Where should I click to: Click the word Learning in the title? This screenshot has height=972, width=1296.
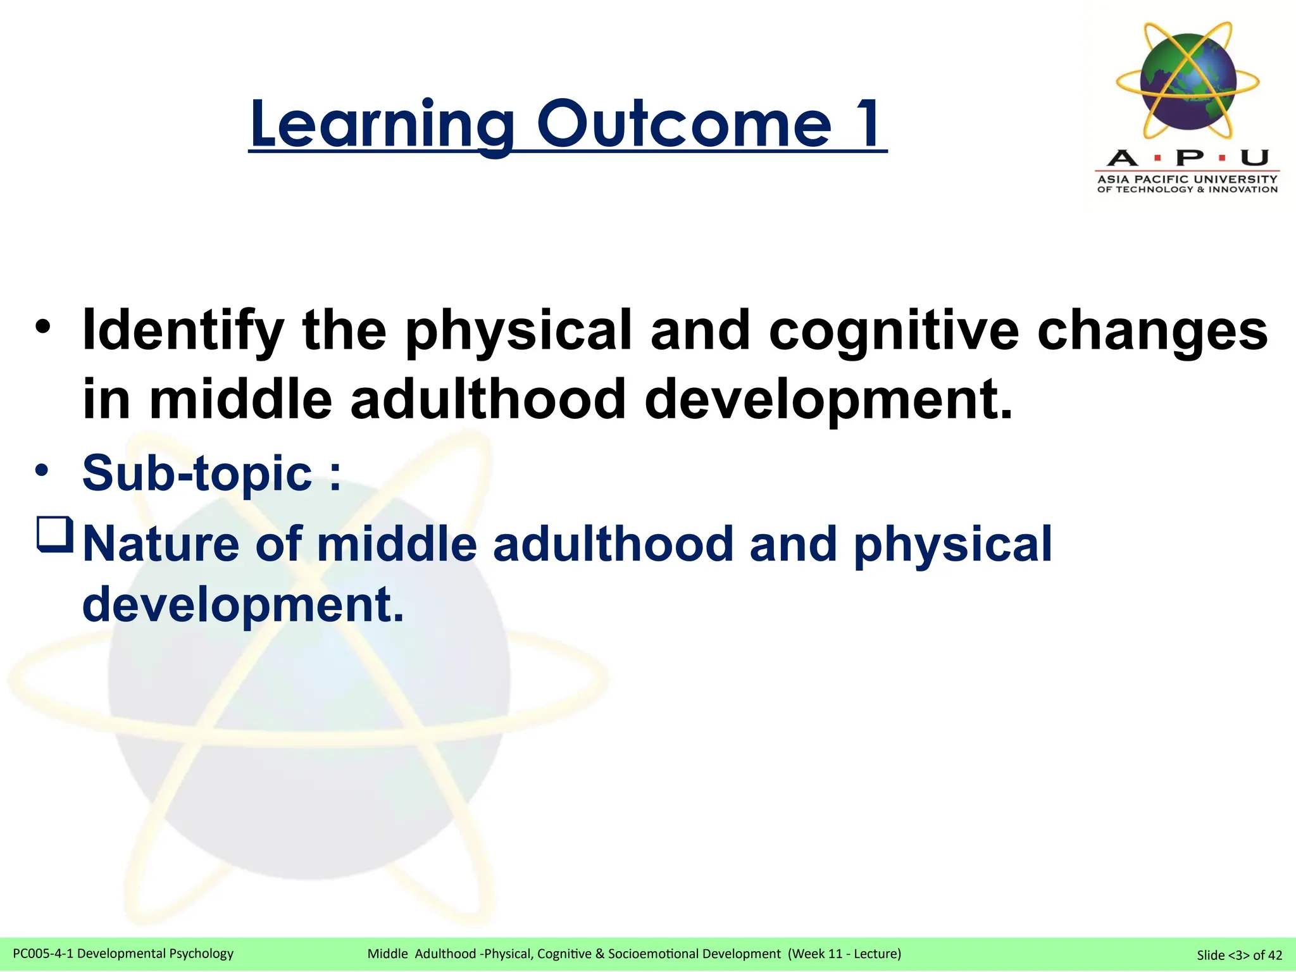point(382,125)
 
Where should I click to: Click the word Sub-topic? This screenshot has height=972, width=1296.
point(197,473)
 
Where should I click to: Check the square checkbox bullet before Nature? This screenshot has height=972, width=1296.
point(56,535)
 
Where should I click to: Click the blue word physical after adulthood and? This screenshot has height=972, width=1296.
point(952,545)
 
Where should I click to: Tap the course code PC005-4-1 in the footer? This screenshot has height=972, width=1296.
point(42,953)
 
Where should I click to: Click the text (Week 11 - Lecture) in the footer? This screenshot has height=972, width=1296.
point(844,953)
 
